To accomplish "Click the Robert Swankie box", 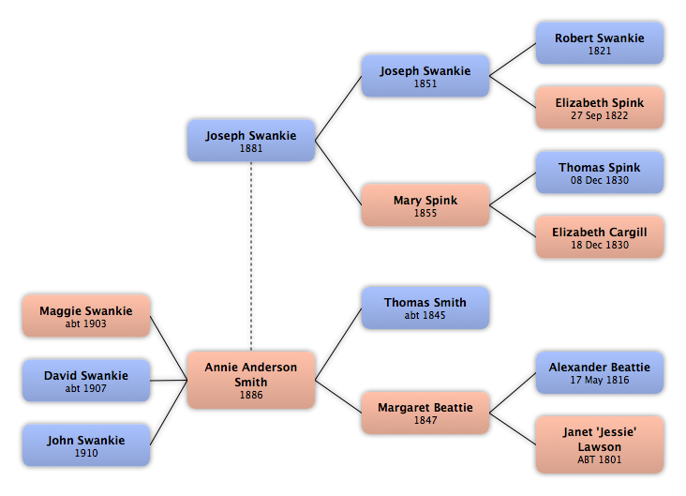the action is point(600,43).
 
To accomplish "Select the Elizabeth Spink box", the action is point(600,108).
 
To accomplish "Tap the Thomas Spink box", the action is point(600,173).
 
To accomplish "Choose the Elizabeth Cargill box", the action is point(600,237).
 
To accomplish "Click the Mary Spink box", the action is point(425,205).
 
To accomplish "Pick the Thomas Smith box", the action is point(425,308).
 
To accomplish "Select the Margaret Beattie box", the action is point(425,413).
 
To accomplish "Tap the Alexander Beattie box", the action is point(600,372).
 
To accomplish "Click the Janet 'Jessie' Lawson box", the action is point(600,444).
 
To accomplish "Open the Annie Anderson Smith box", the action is point(251,380).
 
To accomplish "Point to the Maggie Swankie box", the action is point(86,316).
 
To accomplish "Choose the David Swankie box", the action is point(86,381).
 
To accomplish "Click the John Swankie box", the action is point(86,444).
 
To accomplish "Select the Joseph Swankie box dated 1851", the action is point(425,76).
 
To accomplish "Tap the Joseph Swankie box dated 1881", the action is point(251,141).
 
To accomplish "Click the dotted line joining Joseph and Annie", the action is point(251,257).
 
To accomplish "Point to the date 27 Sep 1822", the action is point(600,115).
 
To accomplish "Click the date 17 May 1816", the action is point(600,380).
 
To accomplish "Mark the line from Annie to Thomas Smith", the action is point(338,344).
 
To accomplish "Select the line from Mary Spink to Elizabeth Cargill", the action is point(513,221).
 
